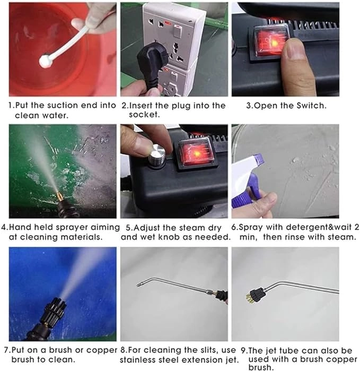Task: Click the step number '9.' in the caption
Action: click(236, 350)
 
